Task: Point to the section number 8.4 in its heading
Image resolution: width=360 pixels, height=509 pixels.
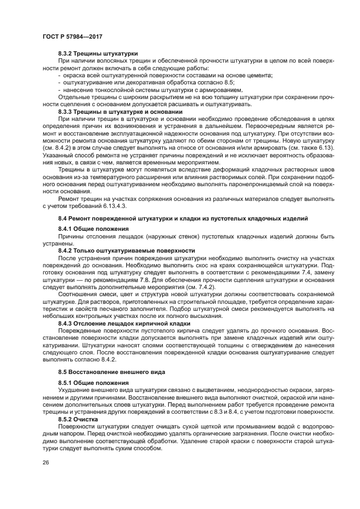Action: (x=63, y=218)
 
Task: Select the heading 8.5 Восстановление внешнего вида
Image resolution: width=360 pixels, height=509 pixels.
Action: (x=103, y=371)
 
